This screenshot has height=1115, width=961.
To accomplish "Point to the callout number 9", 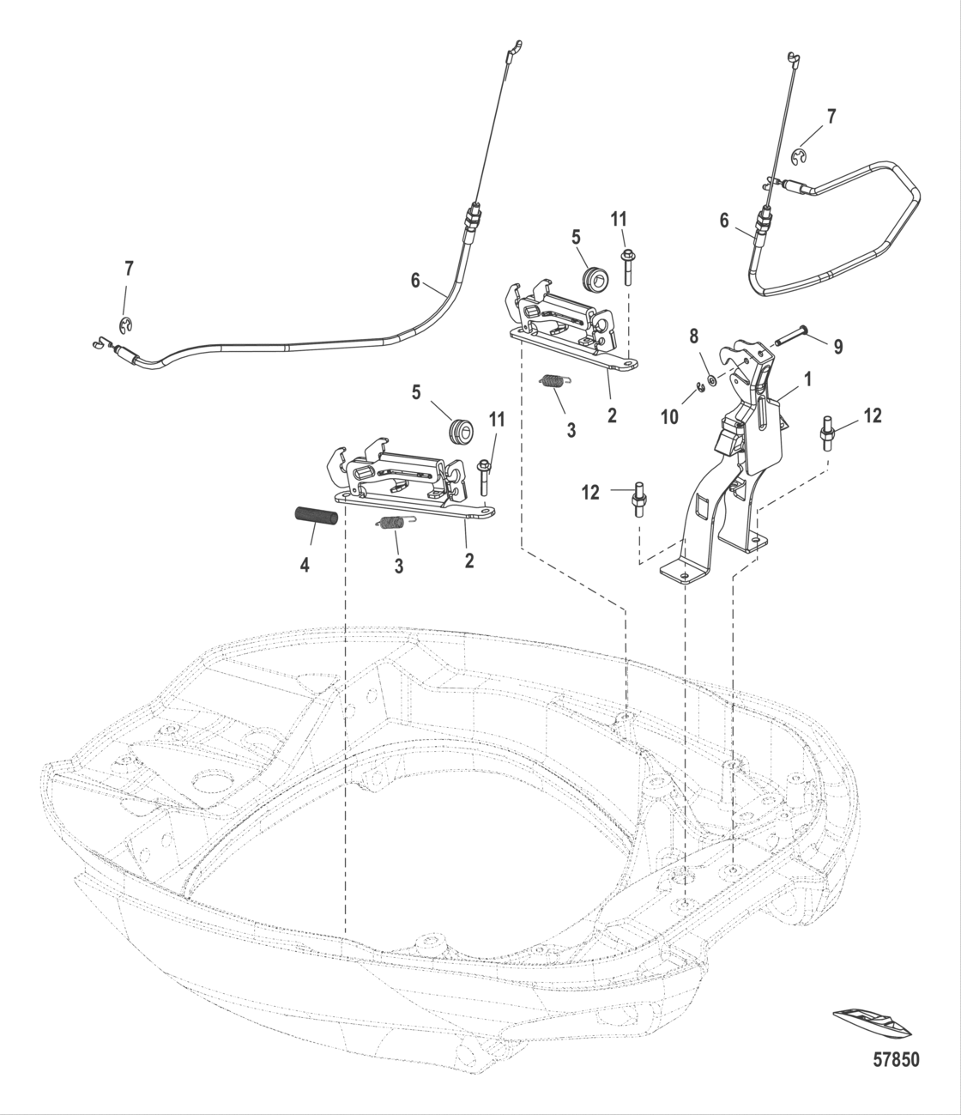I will click(837, 347).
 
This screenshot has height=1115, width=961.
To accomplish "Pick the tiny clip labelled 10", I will click(700, 391).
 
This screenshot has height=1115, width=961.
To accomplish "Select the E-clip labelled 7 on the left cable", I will click(125, 324).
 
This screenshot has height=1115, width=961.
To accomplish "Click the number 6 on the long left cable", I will click(415, 280).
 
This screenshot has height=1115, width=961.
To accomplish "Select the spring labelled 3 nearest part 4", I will click(392, 524).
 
